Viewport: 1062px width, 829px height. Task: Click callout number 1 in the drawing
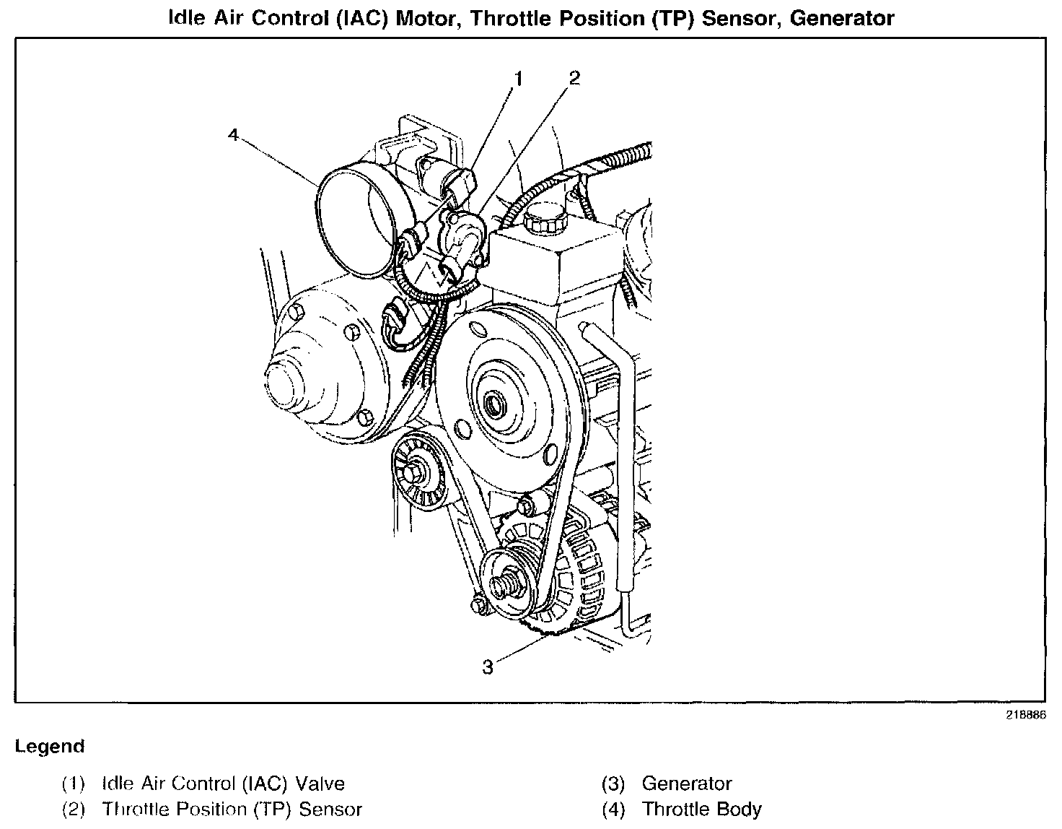click(517, 79)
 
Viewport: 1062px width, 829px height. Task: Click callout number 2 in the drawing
click(574, 78)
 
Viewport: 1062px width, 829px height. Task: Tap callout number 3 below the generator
click(488, 667)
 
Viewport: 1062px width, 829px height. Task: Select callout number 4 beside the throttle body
click(233, 135)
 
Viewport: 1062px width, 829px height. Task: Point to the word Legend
click(50, 747)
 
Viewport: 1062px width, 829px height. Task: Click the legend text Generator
click(686, 784)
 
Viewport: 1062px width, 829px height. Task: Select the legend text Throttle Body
click(701, 810)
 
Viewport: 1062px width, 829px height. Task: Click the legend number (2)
click(74, 810)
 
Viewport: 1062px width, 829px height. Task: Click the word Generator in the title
click(842, 18)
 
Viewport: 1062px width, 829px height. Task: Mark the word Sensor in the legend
click(330, 810)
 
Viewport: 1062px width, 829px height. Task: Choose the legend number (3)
click(613, 784)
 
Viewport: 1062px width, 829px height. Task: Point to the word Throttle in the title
click(507, 18)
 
